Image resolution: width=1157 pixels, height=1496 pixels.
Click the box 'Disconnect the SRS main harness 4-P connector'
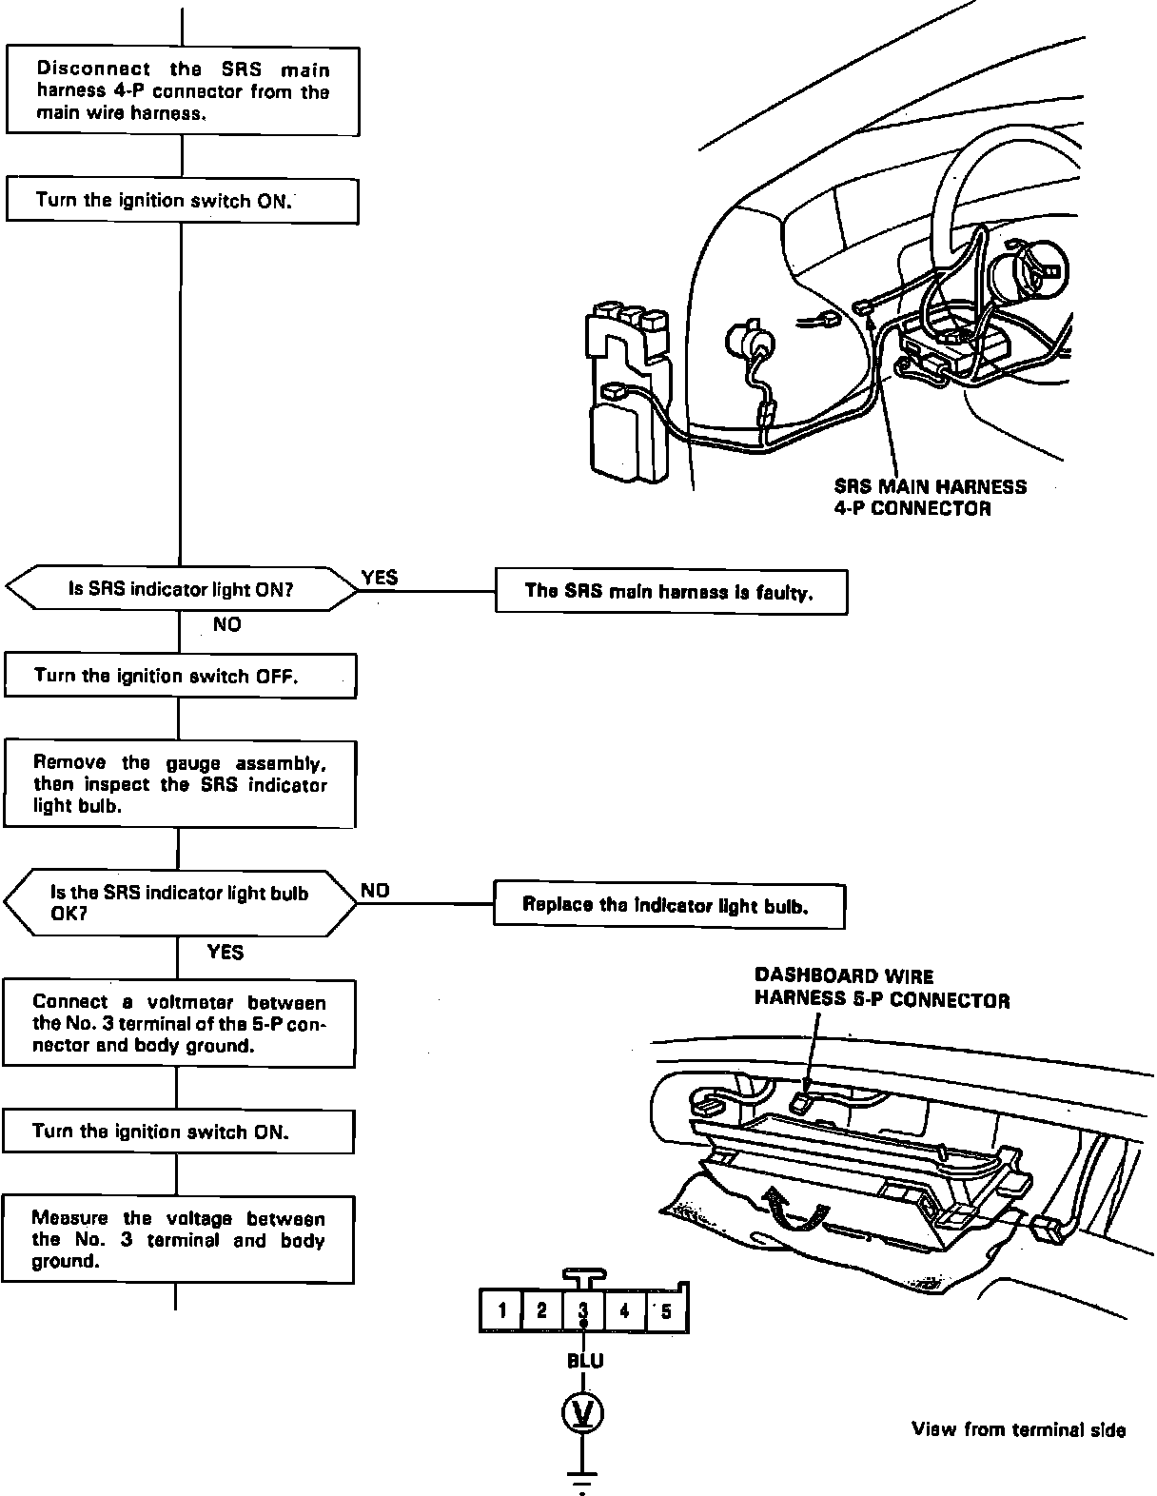point(183,90)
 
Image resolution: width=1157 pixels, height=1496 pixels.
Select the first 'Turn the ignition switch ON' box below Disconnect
point(183,201)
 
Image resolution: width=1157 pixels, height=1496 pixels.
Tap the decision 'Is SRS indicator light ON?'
point(181,589)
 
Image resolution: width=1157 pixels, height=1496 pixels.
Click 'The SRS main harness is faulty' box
point(671,591)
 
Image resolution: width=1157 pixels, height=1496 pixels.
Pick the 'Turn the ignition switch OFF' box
point(181,676)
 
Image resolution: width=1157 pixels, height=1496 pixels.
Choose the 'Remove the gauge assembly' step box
point(181,784)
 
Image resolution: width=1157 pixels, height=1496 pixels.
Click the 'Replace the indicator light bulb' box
point(668,904)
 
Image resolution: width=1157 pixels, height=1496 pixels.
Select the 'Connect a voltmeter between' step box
point(180,1023)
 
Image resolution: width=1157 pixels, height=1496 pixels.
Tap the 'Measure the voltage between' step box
point(178,1239)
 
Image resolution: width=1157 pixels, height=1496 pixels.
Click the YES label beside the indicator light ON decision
point(380,578)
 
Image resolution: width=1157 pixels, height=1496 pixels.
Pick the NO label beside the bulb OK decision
point(375,891)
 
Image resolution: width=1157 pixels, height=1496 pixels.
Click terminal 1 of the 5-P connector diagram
point(501,1311)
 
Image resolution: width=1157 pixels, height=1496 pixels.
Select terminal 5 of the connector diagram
point(666,1311)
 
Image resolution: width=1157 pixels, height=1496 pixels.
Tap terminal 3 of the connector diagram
point(584,1310)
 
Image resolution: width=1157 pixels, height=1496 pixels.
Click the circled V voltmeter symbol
point(584,1414)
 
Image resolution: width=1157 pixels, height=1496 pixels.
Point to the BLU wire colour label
point(585,1361)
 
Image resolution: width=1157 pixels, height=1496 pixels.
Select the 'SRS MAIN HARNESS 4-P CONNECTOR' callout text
point(930,497)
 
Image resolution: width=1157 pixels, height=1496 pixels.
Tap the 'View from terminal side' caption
point(1018,1429)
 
